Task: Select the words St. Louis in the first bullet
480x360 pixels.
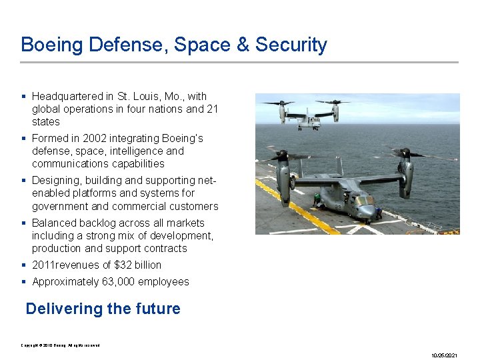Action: click(139, 97)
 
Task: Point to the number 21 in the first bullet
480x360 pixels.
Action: click(212, 109)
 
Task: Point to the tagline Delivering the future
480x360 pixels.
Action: click(103, 309)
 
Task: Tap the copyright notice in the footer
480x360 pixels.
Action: click(60, 345)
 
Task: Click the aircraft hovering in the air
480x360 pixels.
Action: click(308, 115)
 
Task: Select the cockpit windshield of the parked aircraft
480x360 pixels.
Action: click(365, 200)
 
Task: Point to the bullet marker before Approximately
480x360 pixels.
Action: click(24, 282)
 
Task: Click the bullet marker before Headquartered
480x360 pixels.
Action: click(24, 97)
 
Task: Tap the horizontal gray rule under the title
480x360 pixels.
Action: click(239, 63)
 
